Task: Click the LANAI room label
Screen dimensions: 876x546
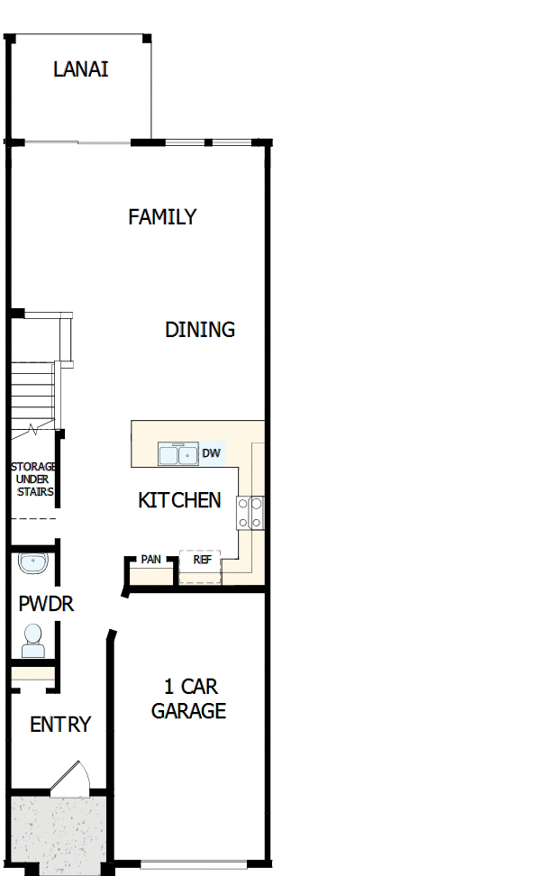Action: tap(80, 69)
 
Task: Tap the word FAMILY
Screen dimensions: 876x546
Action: tap(162, 217)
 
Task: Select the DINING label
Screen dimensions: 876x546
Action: tap(200, 330)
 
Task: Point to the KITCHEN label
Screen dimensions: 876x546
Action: tap(179, 500)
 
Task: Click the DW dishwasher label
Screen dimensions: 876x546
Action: tap(211, 453)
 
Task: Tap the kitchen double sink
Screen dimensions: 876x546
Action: tap(177, 454)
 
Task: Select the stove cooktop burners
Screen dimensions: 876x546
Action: tap(250, 512)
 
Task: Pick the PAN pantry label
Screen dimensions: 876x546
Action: tap(150, 560)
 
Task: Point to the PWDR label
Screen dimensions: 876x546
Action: tap(46, 604)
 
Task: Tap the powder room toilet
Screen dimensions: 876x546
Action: tap(33, 640)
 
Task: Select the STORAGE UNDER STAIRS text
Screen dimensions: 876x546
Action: tap(33, 479)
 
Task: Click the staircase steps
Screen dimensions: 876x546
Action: tap(32, 393)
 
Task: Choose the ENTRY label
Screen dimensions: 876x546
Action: tap(60, 725)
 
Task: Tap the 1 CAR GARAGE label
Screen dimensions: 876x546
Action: tap(188, 699)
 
